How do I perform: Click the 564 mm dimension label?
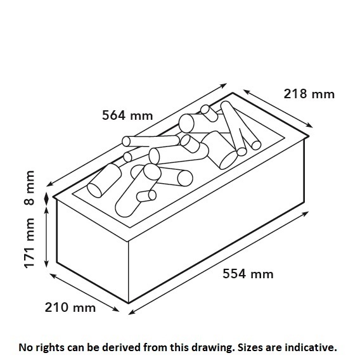pyautogui.click(x=127, y=115)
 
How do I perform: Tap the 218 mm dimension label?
pyautogui.click(x=309, y=94)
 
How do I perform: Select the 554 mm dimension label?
pyautogui.click(x=248, y=274)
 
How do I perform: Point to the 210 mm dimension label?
pyautogui.click(x=70, y=307)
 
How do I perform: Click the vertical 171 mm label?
pyautogui.click(x=29, y=243)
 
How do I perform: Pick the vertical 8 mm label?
pyautogui.click(x=29, y=188)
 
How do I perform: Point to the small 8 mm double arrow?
pyautogui.click(x=46, y=199)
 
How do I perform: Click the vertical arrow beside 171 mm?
pyautogui.click(x=46, y=237)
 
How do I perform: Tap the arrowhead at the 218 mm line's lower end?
pyautogui.click(x=310, y=125)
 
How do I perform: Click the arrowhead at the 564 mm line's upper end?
pyautogui.click(x=224, y=85)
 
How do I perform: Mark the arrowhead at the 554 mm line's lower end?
pyautogui.click(x=131, y=312)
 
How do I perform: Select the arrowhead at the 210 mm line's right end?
pyautogui.click(x=116, y=310)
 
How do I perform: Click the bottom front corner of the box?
pyautogui.click(x=128, y=303)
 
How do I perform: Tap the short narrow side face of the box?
pyautogui.click(x=93, y=250)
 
